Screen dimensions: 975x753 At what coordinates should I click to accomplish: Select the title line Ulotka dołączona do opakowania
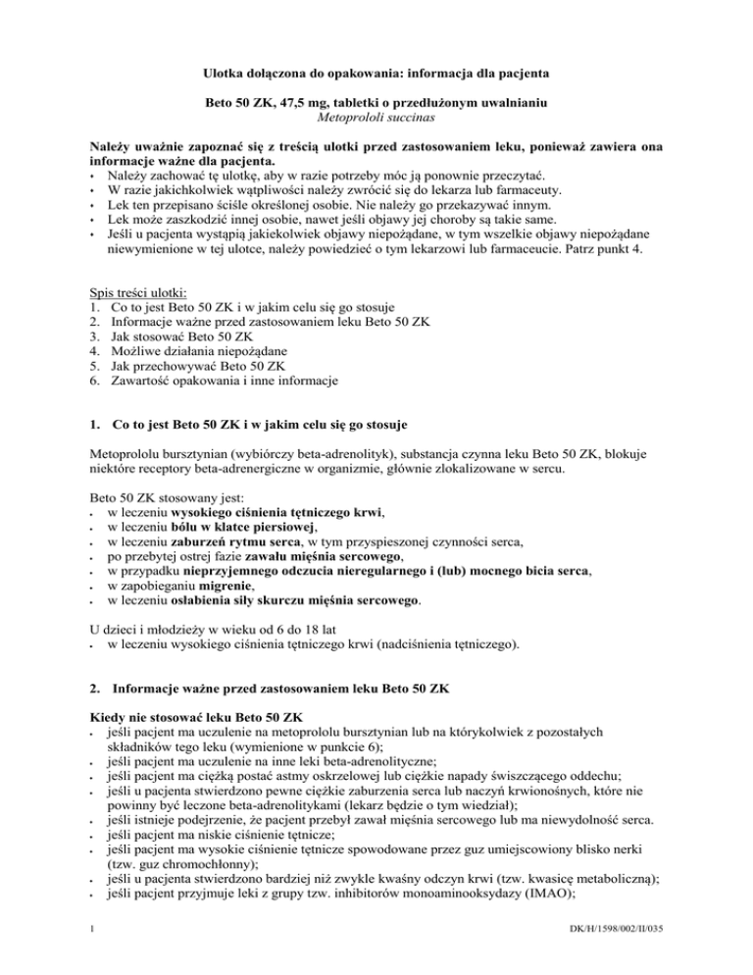point(376,73)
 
